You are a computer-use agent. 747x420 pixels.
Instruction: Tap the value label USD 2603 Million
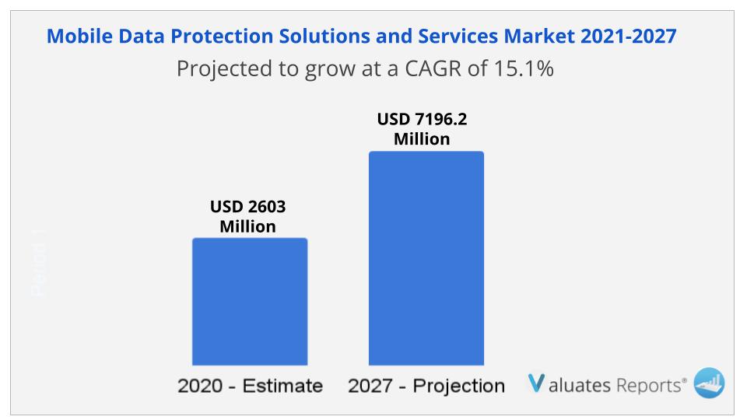tap(247, 217)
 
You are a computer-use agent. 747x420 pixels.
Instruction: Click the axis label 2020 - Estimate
tap(250, 386)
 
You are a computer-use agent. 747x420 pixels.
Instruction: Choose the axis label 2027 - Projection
tap(426, 386)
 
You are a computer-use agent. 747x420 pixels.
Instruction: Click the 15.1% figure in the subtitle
tap(524, 68)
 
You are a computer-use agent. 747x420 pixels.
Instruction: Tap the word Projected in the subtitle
tap(223, 68)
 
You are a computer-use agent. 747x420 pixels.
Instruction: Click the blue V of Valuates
tap(536, 383)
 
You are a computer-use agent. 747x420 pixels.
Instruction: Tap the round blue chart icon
tap(709, 383)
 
